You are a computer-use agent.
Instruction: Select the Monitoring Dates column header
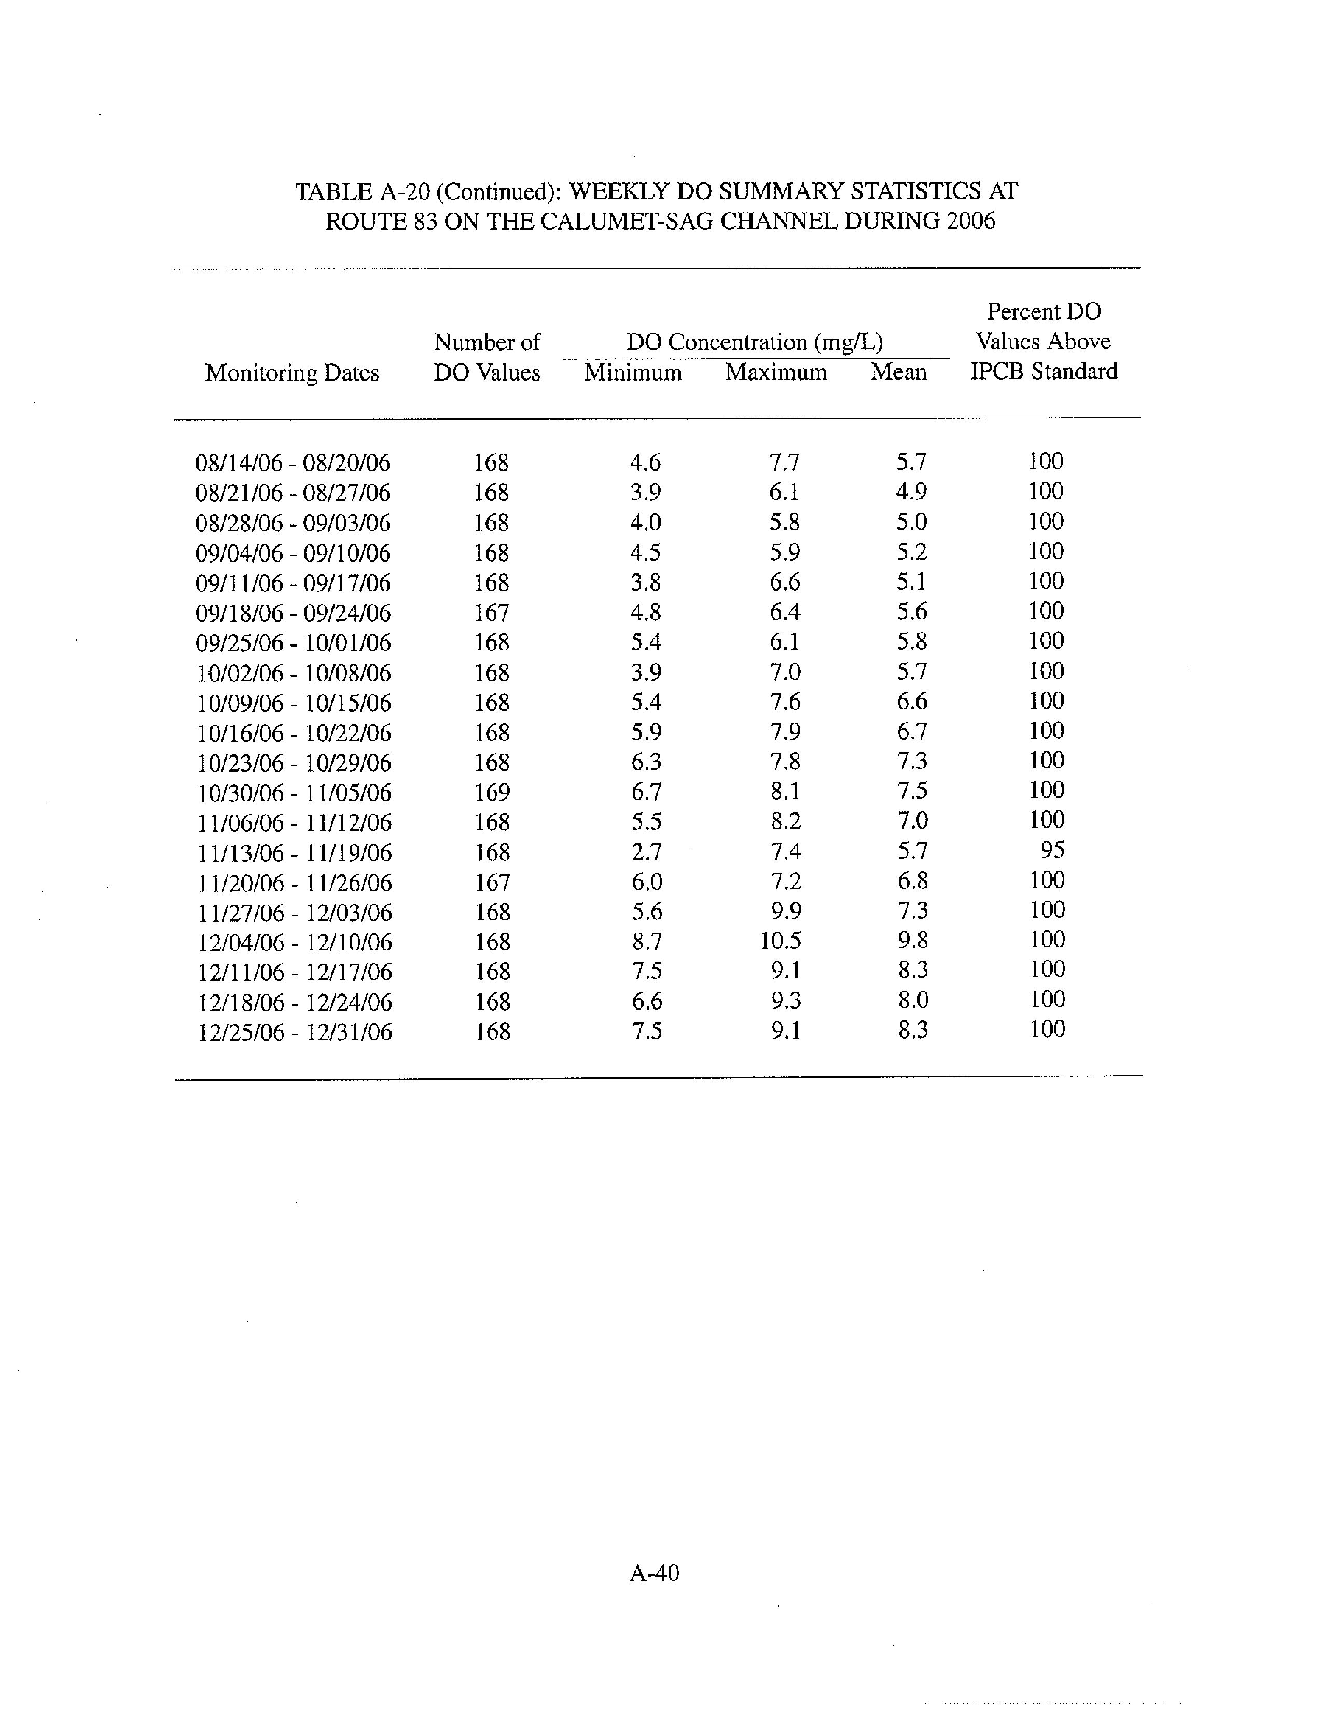(x=292, y=372)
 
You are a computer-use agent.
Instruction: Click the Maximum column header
(x=775, y=372)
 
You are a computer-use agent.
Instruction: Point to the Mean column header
(x=898, y=372)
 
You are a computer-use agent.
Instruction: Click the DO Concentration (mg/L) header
(x=755, y=342)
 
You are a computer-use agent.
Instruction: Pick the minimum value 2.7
(x=646, y=851)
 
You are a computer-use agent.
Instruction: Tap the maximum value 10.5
(x=780, y=941)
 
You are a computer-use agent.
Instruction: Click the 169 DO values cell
(x=492, y=792)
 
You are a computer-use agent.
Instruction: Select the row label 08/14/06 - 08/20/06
(x=293, y=463)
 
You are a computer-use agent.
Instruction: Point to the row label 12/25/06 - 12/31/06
(x=294, y=1032)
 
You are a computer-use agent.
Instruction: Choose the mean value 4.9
(x=911, y=492)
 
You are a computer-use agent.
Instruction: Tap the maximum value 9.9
(x=785, y=911)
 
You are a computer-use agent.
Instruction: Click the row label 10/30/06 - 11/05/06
(x=294, y=793)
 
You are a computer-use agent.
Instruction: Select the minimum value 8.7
(x=646, y=941)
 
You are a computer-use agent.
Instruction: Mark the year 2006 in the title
(x=970, y=221)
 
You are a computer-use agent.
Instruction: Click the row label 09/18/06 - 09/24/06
(x=293, y=613)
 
